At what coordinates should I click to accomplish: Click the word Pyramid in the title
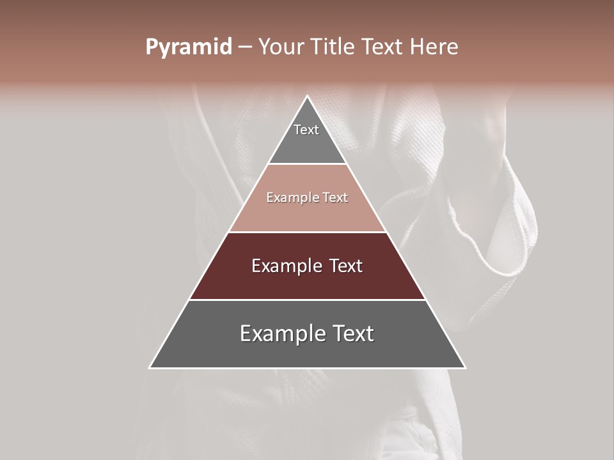pos(188,47)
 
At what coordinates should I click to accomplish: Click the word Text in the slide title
pos(382,47)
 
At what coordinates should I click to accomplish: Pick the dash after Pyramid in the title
pos(244,47)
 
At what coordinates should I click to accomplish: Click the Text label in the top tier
pos(306,130)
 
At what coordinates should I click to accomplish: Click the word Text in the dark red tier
pos(347,266)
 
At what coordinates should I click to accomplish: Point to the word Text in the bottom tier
pos(353,333)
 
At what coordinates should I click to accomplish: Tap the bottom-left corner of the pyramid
pos(150,367)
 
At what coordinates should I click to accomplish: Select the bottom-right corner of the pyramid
pos(464,367)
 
